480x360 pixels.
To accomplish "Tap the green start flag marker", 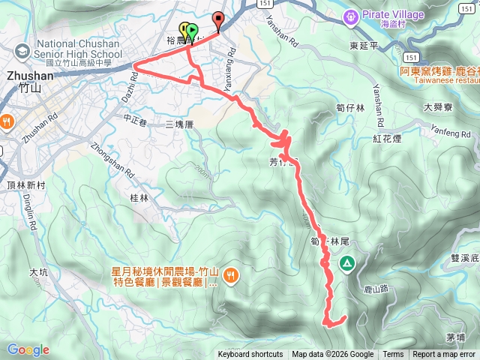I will tap(192, 32).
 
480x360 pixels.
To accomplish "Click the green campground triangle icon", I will tap(347, 262).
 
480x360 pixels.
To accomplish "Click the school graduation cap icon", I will tap(24, 50).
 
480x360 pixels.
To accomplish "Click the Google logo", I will tap(28, 349).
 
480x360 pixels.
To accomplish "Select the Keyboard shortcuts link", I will tap(250, 355).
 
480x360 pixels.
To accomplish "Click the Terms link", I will tap(393, 355).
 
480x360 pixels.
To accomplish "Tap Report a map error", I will tap(444, 355).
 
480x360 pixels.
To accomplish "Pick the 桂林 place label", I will tap(139, 198).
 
